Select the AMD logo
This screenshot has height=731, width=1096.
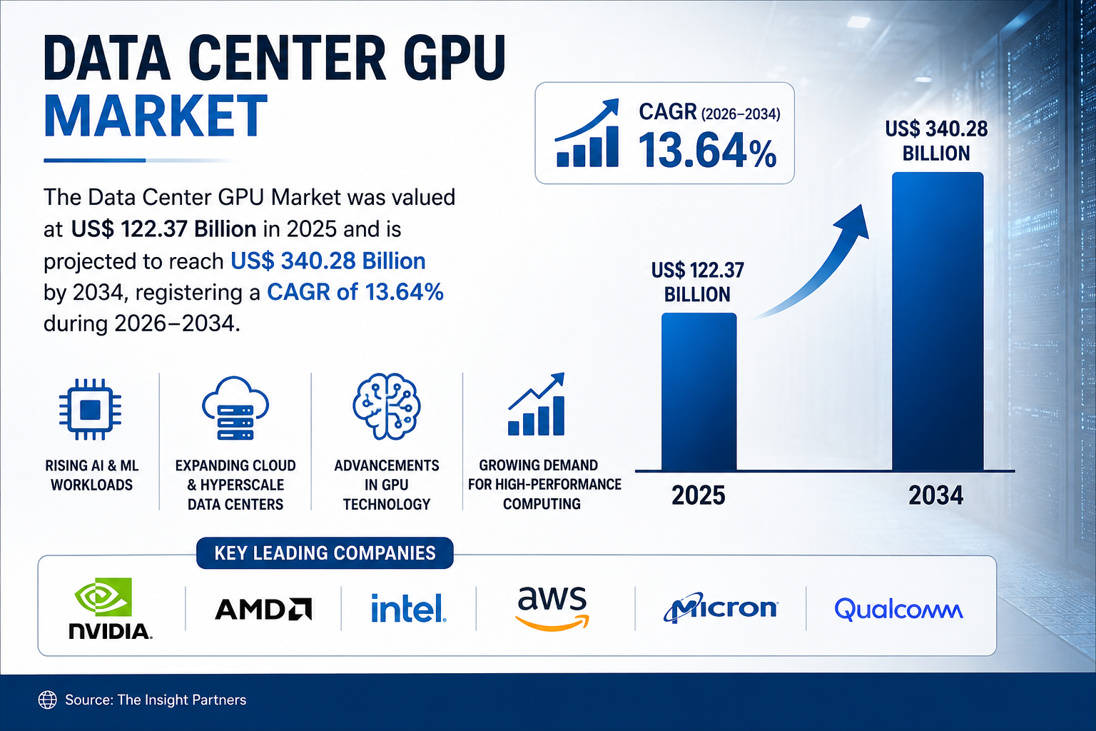(263, 609)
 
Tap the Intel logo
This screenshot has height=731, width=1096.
(409, 608)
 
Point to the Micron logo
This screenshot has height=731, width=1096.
(720, 608)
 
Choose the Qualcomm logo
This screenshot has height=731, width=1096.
(899, 610)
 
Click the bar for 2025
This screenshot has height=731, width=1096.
(699, 392)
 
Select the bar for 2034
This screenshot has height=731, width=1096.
(938, 321)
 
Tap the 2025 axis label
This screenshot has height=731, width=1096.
(699, 495)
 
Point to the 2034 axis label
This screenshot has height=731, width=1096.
(936, 495)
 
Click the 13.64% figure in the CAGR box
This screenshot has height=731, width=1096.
(708, 151)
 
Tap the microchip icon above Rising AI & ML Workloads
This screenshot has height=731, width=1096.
(90, 409)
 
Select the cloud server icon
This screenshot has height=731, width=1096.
(235, 408)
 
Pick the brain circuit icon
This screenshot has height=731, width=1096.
(387, 406)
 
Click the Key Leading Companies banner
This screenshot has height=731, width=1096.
(325, 553)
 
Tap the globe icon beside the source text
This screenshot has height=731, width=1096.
(48, 700)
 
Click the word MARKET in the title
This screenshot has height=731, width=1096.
(156, 116)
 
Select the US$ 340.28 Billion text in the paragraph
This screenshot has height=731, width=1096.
(328, 261)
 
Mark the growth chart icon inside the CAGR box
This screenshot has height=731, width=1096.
(587, 133)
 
